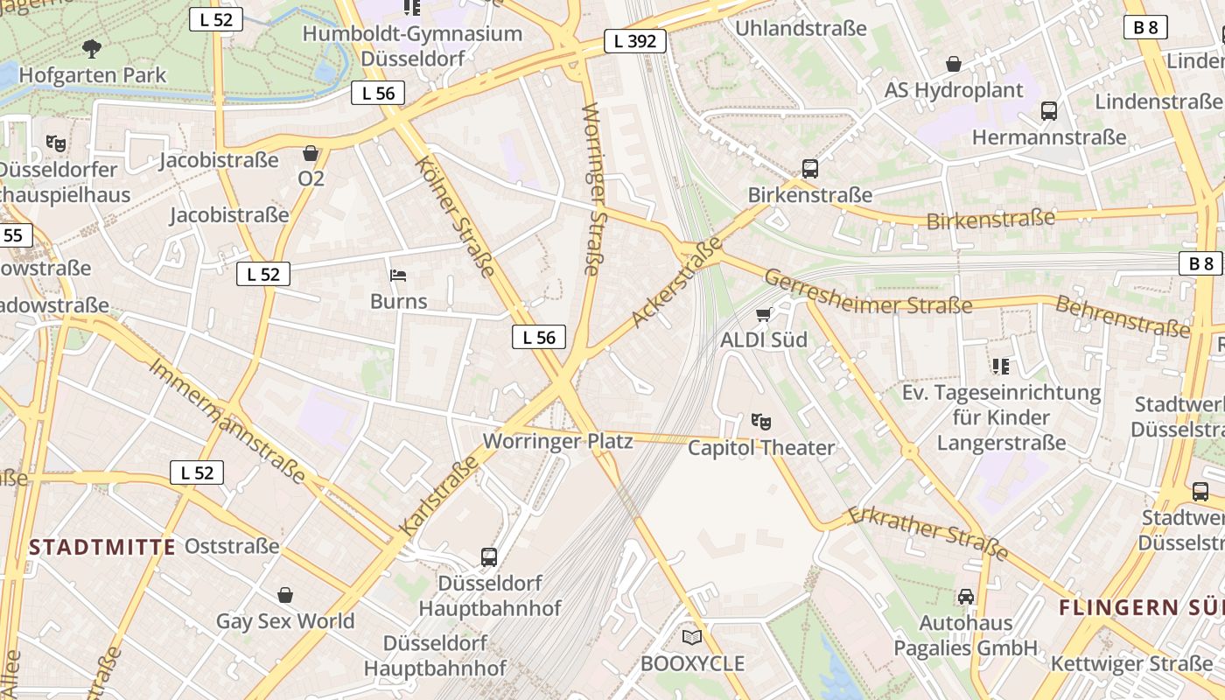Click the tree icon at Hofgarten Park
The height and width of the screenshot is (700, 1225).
pyautogui.click(x=91, y=49)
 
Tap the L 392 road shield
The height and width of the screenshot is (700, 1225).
pyautogui.click(x=635, y=41)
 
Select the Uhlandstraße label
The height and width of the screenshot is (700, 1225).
pyautogui.click(x=801, y=28)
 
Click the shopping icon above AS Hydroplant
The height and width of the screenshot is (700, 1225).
pyautogui.click(x=954, y=64)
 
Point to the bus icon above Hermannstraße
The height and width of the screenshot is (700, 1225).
pyautogui.click(x=1049, y=111)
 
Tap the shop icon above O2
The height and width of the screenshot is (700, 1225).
pyautogui.click(x=311, y=153)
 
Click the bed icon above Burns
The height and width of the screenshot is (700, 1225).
pyautogui.click(x=398, y=276)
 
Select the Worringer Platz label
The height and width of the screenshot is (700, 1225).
pyautogui.click(x=557, y=441)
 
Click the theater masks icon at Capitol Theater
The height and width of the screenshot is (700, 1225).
pyautogui.click(x=761, y=423)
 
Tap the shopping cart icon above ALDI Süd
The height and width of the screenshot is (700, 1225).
pyautogui.click(x=764, y=314)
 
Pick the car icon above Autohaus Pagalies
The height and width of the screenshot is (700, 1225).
pyautogui.click(x=966, y=597)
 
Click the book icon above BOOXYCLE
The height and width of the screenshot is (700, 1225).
pyautogui.click(x=692, y=637)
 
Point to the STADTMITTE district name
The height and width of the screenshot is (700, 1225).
pyautogui.click(x=102, y=548)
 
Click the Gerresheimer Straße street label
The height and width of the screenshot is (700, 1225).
pyautogui.click(x=867, y=292)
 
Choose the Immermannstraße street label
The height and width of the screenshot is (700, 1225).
pyautogui.click(x=227, y=420)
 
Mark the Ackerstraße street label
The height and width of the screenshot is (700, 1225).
pyautogui.click(x=676, y=283)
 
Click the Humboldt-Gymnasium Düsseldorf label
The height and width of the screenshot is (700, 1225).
pyautogui.click(x=412, y=46)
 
